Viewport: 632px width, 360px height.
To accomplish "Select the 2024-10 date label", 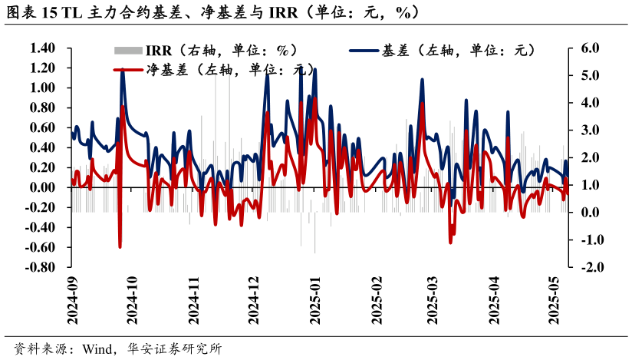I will (x=133, y=301).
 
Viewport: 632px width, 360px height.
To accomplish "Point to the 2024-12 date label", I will (x=255, y=301).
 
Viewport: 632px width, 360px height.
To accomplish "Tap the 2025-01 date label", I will (x=316, y=301).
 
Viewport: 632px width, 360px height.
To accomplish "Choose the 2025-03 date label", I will (x=433, y=301).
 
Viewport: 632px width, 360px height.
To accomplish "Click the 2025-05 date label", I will (x=558, y=301).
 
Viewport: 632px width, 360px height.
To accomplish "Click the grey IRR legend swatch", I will (x=128, y=51).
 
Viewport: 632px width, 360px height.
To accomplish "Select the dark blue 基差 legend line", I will (x=364, y=51).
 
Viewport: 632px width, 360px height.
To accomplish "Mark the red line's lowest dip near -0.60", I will (x=120, y=246).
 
